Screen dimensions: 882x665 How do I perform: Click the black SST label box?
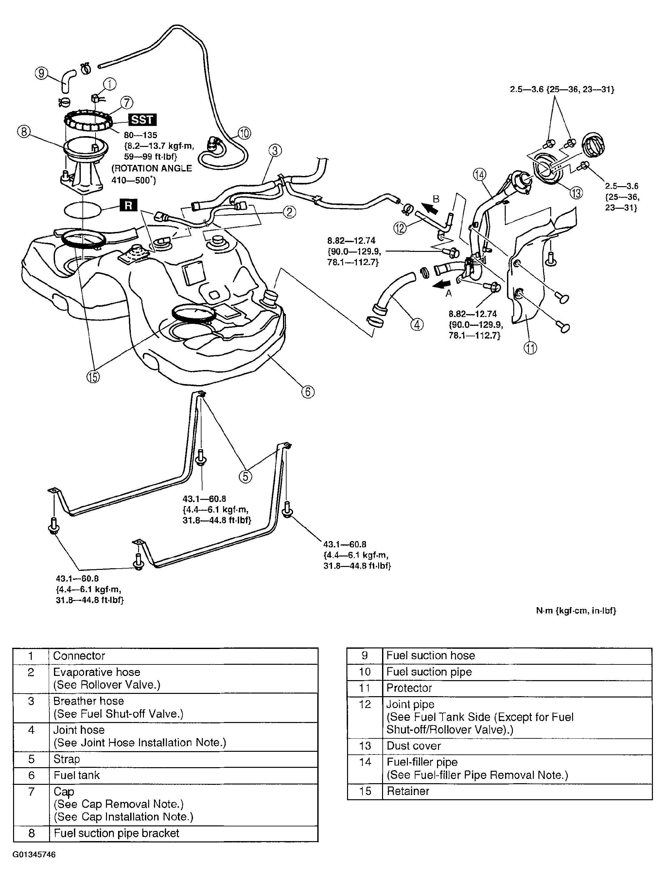click(x=142, y=120)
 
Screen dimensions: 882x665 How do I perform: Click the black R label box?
click(x=128, y=205)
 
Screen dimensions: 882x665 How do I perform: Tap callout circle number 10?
click(x=244, y=133)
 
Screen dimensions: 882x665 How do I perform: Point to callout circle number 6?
click(x=308, y=392)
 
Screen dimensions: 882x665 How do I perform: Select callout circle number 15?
click(x=93, y=377)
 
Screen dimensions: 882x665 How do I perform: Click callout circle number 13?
click(x=576, y=193)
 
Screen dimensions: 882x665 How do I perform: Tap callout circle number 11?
click(x=530, y=348)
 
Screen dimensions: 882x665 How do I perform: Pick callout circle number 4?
click(x=417, y=325)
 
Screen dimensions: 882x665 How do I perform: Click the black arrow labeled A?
click(x=441, y=284)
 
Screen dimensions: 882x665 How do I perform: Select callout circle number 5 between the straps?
click(x=245, y=476)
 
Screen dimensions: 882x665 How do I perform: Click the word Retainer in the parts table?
click(x=408, y=791)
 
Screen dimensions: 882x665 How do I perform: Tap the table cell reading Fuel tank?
click(x=77, y=775)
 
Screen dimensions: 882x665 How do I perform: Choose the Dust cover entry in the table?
click(x=413, y=746)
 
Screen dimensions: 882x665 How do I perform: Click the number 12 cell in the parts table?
click(x=364, y=705)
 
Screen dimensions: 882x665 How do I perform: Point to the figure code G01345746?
click(x=34, y=855)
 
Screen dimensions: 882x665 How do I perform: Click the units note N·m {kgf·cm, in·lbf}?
click(x=576, y=610)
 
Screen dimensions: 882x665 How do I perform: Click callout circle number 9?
click(x=42, y=73)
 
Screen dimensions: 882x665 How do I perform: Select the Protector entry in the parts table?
click(x=409, y=688)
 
